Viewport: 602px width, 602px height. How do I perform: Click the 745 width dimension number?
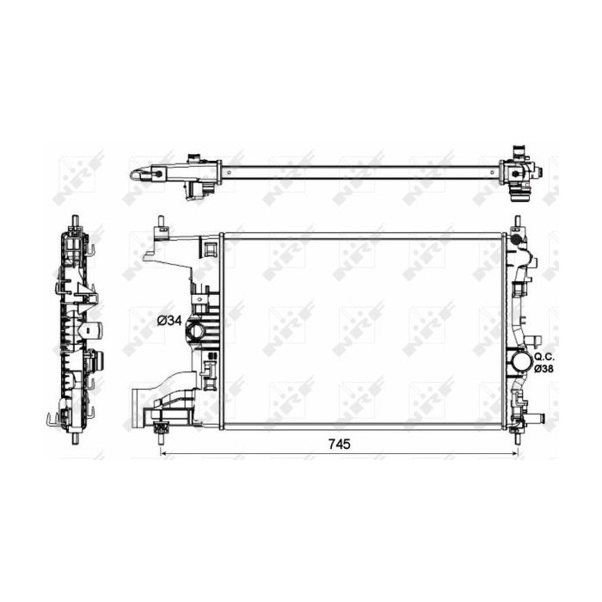coord(340,444)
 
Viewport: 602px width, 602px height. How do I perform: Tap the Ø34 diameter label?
coord(169,320)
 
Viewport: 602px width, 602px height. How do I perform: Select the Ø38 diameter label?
coord(544,369)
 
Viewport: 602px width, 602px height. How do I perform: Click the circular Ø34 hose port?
coord(196,331)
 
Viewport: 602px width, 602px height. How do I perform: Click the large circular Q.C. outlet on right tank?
coord(521,362)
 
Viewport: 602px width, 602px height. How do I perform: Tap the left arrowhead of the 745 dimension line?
coord(163,453)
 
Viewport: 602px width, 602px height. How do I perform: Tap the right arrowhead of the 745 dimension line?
coord(515,453)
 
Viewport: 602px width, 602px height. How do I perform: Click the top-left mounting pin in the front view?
coord(160,222)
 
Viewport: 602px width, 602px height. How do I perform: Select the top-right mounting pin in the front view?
coord(518,222)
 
